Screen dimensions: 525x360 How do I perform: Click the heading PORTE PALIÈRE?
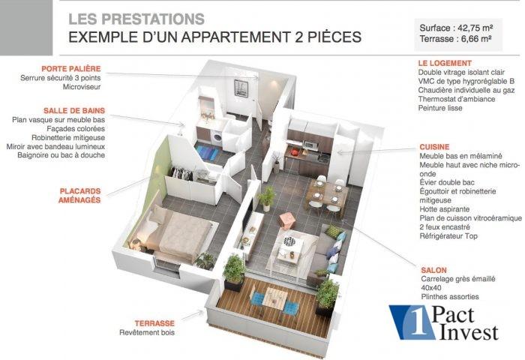[x=71, y=69]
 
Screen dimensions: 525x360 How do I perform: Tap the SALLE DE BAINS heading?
[x=74, y=110]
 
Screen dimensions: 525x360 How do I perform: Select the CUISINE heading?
[x=434, y=147]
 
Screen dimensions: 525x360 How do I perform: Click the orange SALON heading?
[x=433, y=270]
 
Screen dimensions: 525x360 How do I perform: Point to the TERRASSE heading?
[x=154, y=323]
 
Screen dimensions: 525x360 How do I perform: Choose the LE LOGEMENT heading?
[x=445, y=63]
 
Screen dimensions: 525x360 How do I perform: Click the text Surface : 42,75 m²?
[x=456, y=28]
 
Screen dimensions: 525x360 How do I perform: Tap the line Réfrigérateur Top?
[x=448, y=236]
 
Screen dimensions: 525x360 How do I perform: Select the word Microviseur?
[x=82, y=87]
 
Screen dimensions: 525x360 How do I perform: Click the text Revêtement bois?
[x=147, y=332]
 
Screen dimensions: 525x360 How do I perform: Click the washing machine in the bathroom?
[x=217, y=138]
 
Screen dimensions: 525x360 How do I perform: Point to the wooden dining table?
[x=326, y=193]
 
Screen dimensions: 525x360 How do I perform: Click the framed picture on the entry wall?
[x=241, y=88]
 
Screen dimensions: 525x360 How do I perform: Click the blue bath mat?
[x=206, y=153]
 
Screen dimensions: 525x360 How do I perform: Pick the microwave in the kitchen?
[x=310, y=145]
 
